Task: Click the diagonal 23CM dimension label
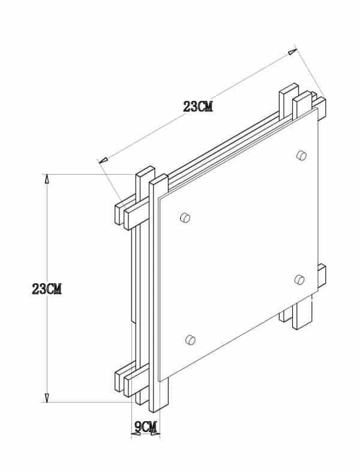(198, 107)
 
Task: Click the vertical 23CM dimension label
(47, 289)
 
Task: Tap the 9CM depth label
(146, 427)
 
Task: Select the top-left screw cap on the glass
(185, 217)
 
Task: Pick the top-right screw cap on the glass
(301, 155)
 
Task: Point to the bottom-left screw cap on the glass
(191, 340)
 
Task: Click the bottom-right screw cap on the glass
(300, 278)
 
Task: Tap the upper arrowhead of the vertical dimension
(46, 179)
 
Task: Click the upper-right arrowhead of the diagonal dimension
(292, 52)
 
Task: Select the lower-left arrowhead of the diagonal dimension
(103, 160)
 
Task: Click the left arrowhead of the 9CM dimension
(135, 433)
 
